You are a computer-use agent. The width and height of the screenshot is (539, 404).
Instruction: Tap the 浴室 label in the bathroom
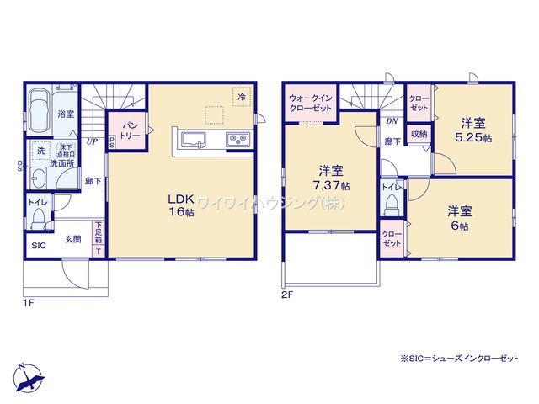66,113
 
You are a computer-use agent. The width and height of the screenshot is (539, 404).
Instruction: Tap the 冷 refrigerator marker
242,98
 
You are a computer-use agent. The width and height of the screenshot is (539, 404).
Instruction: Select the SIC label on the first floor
39,246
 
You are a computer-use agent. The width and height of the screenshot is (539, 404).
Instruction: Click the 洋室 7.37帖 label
330,178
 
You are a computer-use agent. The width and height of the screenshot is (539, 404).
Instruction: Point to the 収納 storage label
419,134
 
